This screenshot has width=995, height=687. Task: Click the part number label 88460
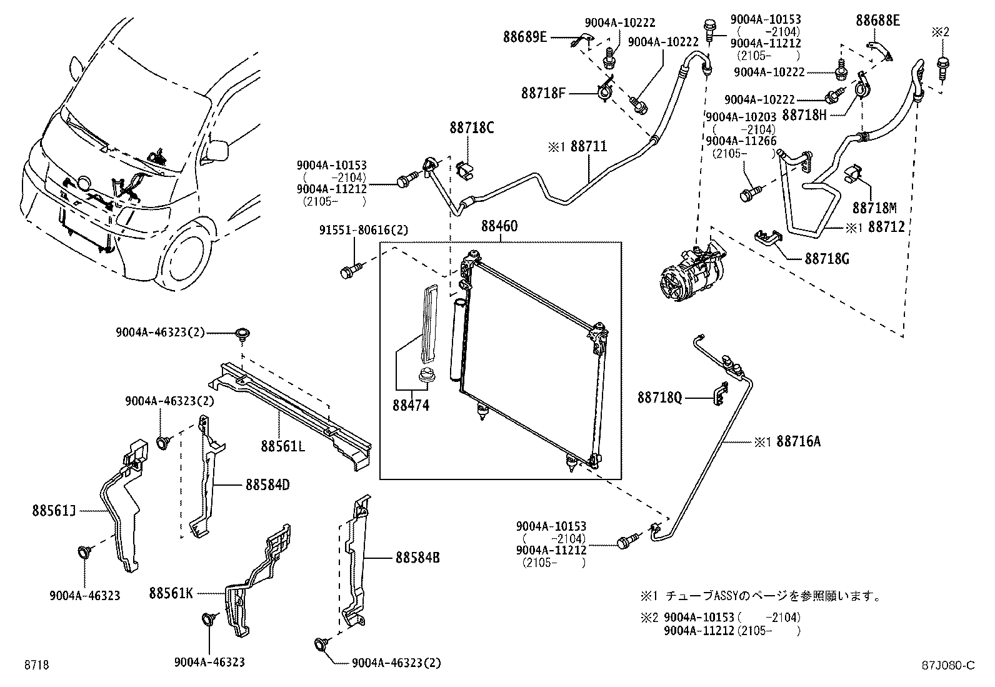coord(499,226)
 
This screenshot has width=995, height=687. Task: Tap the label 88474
coord(411,405)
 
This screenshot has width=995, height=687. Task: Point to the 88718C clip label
coord(471,129)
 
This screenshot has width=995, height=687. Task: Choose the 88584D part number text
coord(267,484)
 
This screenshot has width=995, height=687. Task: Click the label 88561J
coord(54,511)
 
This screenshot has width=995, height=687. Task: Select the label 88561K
coord(171,592)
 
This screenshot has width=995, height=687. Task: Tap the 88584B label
coord(417,557)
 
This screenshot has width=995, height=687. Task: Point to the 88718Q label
coord(659,397)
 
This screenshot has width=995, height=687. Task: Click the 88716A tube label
coord(797,442)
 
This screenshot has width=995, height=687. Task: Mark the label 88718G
coord(826,258)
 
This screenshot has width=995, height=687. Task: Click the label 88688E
coord(877,21)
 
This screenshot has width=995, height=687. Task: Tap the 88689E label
coord(525,37)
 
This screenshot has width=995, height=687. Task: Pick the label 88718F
coord(543,94)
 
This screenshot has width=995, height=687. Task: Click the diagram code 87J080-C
coord(950,665)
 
